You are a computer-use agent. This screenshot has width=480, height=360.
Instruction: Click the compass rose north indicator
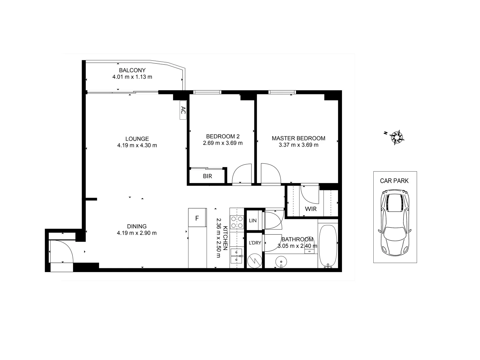[397, 137]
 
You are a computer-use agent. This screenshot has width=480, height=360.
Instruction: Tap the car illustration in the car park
[395, 223]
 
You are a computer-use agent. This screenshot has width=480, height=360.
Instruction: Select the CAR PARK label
[394, 181]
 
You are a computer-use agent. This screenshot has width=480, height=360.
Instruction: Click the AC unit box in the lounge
[183, 110]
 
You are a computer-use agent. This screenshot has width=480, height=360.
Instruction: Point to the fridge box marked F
[197, 218]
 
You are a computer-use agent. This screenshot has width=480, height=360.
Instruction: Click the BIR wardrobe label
[207, 176]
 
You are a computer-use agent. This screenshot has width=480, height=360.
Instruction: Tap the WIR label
[311, 209]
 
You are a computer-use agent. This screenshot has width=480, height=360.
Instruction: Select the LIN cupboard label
[253, 221]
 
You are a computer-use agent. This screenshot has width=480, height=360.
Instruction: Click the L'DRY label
[255, 243]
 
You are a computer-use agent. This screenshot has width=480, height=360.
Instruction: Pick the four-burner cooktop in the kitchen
[237, 222]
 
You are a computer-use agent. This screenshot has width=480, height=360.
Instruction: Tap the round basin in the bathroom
[282, 262]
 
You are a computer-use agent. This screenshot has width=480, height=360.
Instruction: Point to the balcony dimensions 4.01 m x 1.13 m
[132, 77]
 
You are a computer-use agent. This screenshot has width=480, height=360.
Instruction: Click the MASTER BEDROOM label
[298, 138]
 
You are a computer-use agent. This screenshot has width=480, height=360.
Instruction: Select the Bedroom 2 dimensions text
[223, 143]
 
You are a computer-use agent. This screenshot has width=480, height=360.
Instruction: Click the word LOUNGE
[137, 139]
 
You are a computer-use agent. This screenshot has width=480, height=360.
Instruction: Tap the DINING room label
[137, 226]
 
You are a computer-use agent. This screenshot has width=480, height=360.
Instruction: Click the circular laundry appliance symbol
[255, 260]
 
